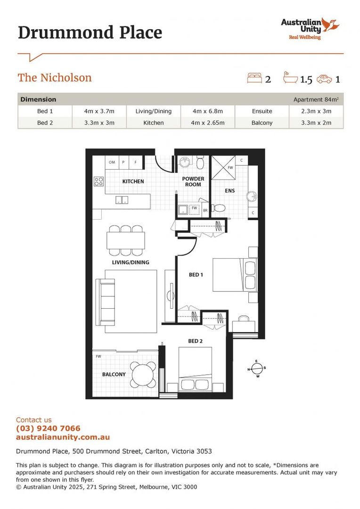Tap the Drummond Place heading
point(90,33)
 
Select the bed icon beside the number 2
point(254,78)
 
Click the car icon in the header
point(324,79)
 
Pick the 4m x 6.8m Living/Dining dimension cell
point(207,111)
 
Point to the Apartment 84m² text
point(316,99)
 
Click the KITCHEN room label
point(133,181)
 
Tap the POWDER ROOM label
point(193,181)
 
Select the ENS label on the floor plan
point(229,191)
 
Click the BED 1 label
point(196,274)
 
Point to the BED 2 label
point(195,341)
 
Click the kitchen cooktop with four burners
point(98,181)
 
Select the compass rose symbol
point(257,369)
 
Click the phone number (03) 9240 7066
point(48,428)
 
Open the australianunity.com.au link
point(63,437)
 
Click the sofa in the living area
point(105,300)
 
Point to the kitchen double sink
point(122,200)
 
